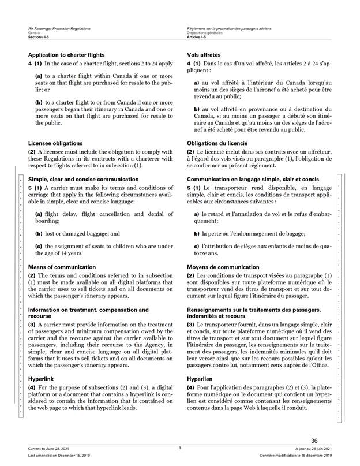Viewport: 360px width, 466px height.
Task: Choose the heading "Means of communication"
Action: point(62,267)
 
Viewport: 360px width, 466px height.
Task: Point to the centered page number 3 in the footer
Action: point(180,448)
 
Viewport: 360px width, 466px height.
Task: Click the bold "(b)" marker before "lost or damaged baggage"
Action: point(39,234)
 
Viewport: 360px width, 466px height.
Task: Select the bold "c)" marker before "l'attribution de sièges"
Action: point(197,247)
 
